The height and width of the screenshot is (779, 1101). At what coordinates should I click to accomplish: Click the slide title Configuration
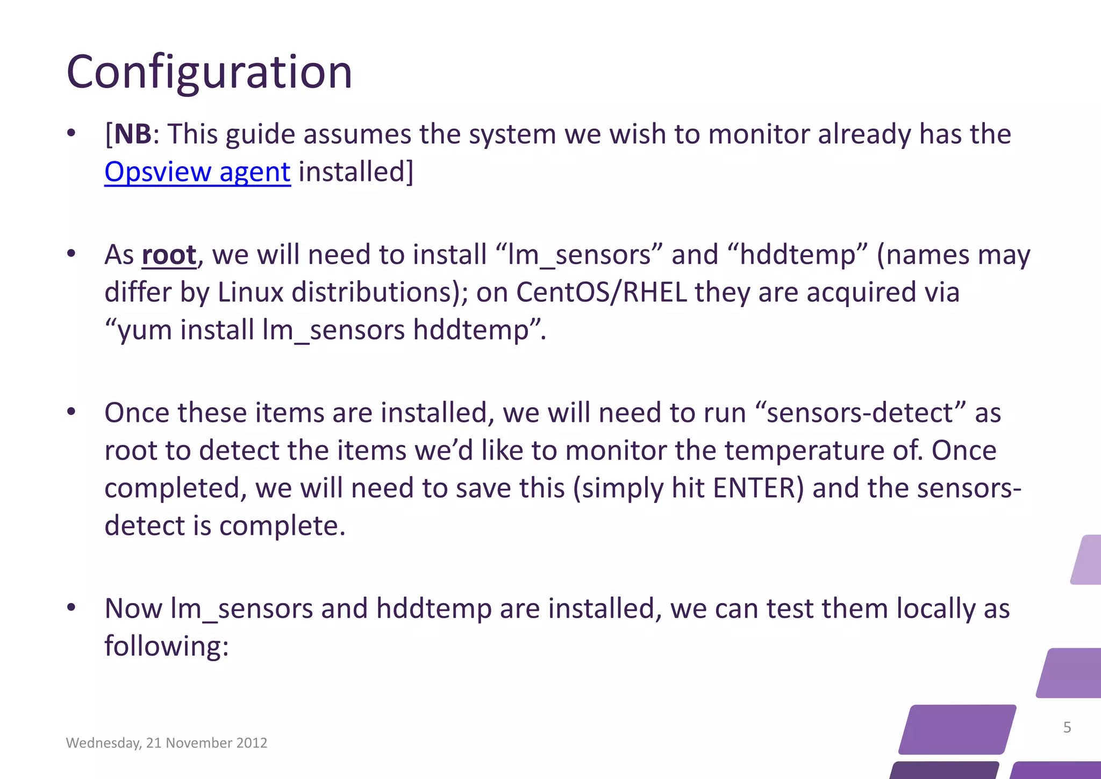[x=209, y=72]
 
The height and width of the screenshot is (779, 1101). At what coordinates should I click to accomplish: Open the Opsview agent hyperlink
[x=197, y=172]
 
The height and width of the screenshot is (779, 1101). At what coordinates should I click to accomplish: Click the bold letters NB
[x=133, y=134]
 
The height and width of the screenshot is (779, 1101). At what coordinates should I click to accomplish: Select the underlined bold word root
[x=169, y=254]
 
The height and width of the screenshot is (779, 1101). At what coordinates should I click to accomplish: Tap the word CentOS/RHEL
[x=601, y=293]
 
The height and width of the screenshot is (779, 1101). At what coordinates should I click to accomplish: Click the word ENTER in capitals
[x=757, y=488]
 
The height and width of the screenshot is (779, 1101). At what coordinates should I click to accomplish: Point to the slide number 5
[x=1067, y=727]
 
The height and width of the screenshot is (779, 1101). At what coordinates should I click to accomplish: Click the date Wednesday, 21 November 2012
[x=167, y=743]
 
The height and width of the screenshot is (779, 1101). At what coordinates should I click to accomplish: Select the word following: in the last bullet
[x=167, y=646]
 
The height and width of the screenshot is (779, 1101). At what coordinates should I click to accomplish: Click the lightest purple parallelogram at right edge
[x=1087, y=560]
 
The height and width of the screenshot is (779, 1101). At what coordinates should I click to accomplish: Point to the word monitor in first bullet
[x=759, y=134]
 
